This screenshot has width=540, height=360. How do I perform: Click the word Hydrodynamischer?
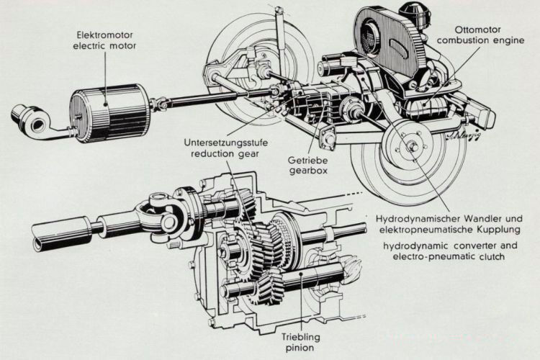coord(416,219)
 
